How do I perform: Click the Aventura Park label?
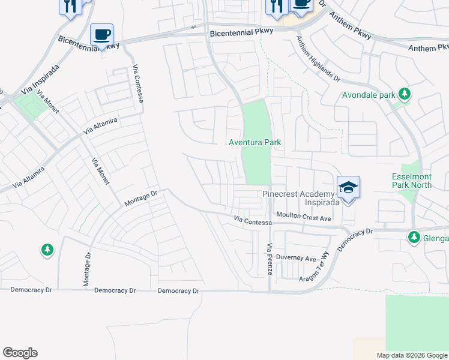pyautogui.click(x=255, y=142)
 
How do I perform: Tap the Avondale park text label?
pyautogui.click(x=369, y=95)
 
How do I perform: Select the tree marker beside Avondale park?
pyautogui.click(x=405, y=94)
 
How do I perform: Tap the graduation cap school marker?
pyautogui.click(x=348, y=188)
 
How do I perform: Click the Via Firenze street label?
pyautogui.click(x=270, y=259)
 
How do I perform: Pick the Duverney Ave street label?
pyautogui.click(x=300, y=259)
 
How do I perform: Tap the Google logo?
pyautogui.click(x=20, y=353)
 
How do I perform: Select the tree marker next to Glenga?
pyautogui.click(x=414, y=238)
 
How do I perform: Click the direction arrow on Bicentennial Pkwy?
pyautogui.click(x=193, y=27)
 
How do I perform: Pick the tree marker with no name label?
pyautogui.click(x=47, y=250)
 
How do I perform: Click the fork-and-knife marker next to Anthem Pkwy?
pyautogui.click(x=276, y=6)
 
